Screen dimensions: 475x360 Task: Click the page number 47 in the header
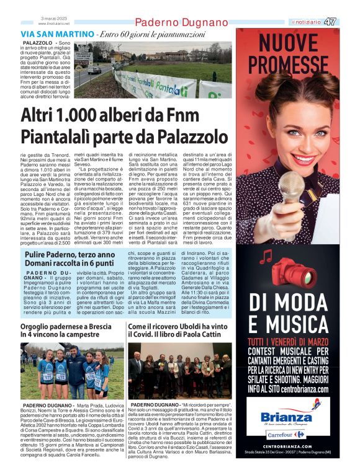pyautogui.click(x=331, y=22)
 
